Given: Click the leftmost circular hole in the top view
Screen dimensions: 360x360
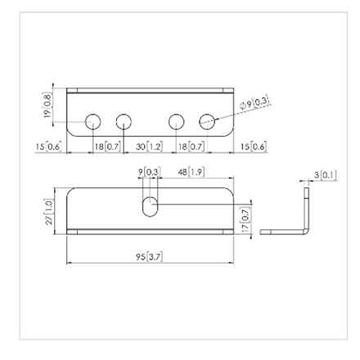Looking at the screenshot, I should click(x=93, y=122).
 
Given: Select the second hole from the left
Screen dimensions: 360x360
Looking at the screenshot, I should click(x=124, y=122).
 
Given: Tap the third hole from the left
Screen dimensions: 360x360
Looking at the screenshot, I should click(x=177, y=122).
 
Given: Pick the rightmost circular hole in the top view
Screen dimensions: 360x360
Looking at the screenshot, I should click(x=207, y=122).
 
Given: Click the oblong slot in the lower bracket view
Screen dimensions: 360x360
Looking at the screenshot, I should click(x=150, y=206).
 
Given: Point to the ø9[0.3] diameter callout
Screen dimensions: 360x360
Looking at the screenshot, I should click(x=259, y=103).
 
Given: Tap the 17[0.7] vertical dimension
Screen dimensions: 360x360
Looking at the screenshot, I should click(x=245, y=216).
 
